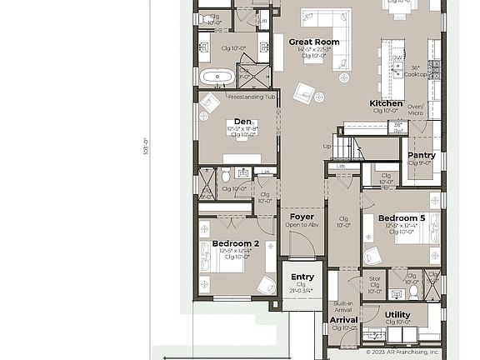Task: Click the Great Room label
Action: click(x=314, y=42)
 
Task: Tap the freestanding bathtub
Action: click(x=217, y=77)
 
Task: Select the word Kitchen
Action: click(x=386, y=103)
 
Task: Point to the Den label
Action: click(x=242, y=122)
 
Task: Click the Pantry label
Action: click(x=421, y=155)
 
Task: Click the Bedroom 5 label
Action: click(x=402, y=218)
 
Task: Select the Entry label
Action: click(x=302, y=277)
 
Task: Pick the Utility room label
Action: click(x=397, y=315)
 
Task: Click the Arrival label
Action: click(x=343, y=319)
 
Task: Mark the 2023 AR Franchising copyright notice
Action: click(x=402, y=352)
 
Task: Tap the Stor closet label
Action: click(x=375, y=283)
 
